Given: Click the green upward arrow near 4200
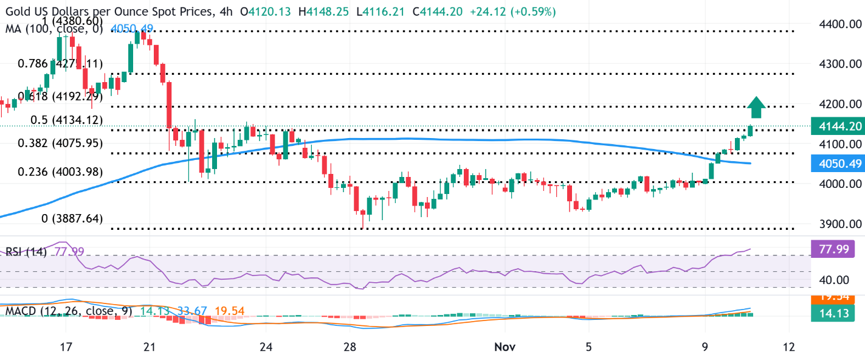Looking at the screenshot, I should point(756,107).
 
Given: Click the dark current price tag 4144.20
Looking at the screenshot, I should point(838,126).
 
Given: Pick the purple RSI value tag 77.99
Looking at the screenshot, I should point(838,249).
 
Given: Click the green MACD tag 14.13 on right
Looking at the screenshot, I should point(838,314).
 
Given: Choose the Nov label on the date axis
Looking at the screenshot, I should point(505,347).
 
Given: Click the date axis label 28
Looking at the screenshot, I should point(348,347).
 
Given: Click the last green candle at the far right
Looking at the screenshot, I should point(751,131).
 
